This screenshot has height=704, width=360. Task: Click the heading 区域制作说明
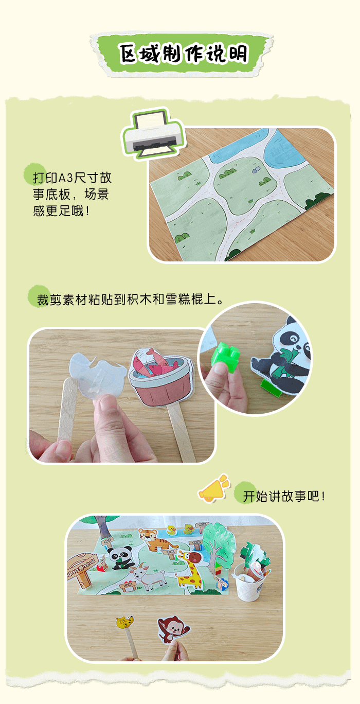click(x=183, y=54)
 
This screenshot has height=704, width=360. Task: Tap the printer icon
click(x=152, y=132)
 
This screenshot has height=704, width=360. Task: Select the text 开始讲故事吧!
click(x=284, y=497)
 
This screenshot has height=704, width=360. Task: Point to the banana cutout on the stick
click(x=124, y=622)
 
